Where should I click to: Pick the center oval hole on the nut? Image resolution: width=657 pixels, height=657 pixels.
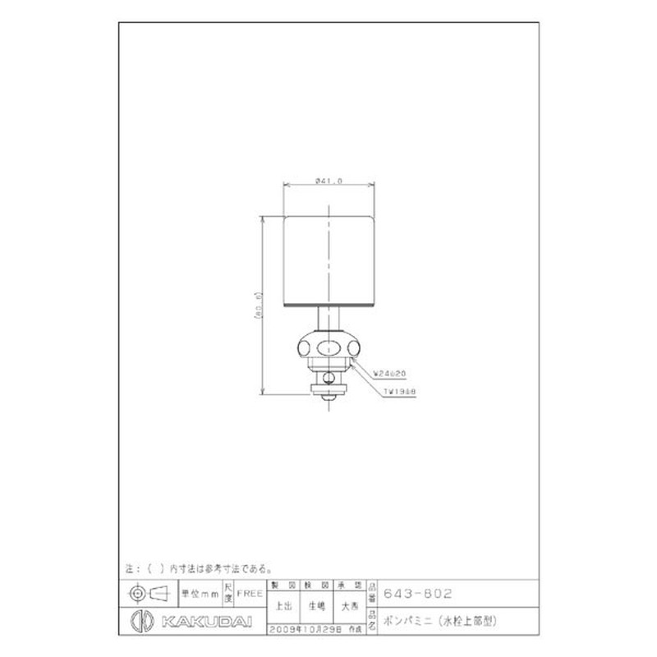click(328, 344)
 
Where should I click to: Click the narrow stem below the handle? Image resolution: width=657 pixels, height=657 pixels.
click(328, 318)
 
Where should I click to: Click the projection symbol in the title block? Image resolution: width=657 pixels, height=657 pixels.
click(147, 592)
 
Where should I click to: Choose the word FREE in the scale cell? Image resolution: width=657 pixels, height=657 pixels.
click(250, 592)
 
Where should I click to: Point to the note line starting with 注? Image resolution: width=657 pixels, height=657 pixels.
click(197, 567)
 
